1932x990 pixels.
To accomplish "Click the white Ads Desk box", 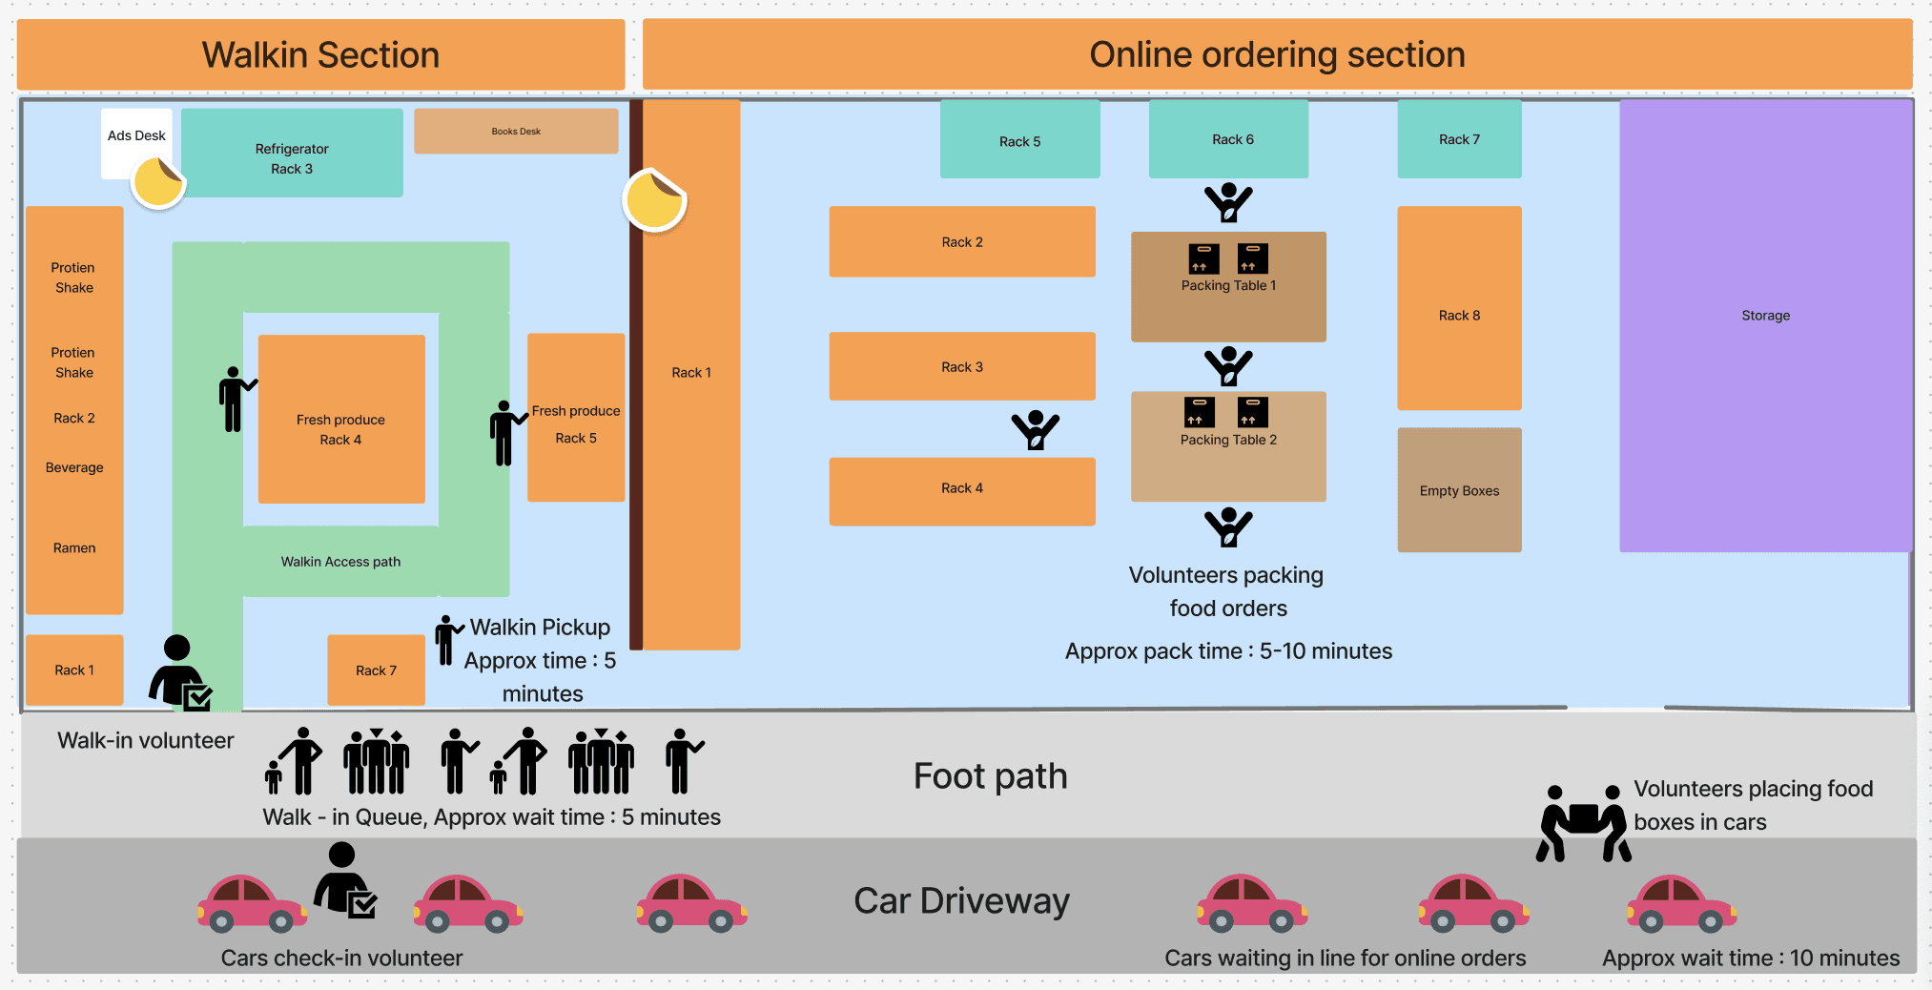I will (x=135, y=134).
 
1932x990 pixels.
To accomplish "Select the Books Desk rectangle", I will (x=516, y=131).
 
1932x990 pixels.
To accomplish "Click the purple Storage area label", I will (x=1765, y=316).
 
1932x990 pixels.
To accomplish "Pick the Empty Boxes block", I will (x=1459, y=490).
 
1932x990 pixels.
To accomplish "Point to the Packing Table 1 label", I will (x=1228, y=285).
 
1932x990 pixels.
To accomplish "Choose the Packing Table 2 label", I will (x=1228, y=440).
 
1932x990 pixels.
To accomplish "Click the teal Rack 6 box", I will (x=1228, y=139).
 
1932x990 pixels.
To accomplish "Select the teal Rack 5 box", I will (x=1019, y=140).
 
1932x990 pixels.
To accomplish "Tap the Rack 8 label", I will (x=1459, y=316).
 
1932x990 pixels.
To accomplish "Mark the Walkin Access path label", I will (x=340, y=562).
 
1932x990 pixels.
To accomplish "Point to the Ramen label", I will (x=74, y=548).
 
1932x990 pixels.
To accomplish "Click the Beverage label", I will (x=74, y=467).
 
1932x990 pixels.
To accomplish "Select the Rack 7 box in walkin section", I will (x=376, y=670).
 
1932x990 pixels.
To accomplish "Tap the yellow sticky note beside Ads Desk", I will (x=157, y=181).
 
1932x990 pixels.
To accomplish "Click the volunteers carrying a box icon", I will (x=1583, y=823).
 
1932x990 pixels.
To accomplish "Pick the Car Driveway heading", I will (x=961, y=901).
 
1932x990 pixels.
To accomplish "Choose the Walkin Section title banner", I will (x=320, y=54).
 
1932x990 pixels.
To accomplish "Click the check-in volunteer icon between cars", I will (x=344, y=880).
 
